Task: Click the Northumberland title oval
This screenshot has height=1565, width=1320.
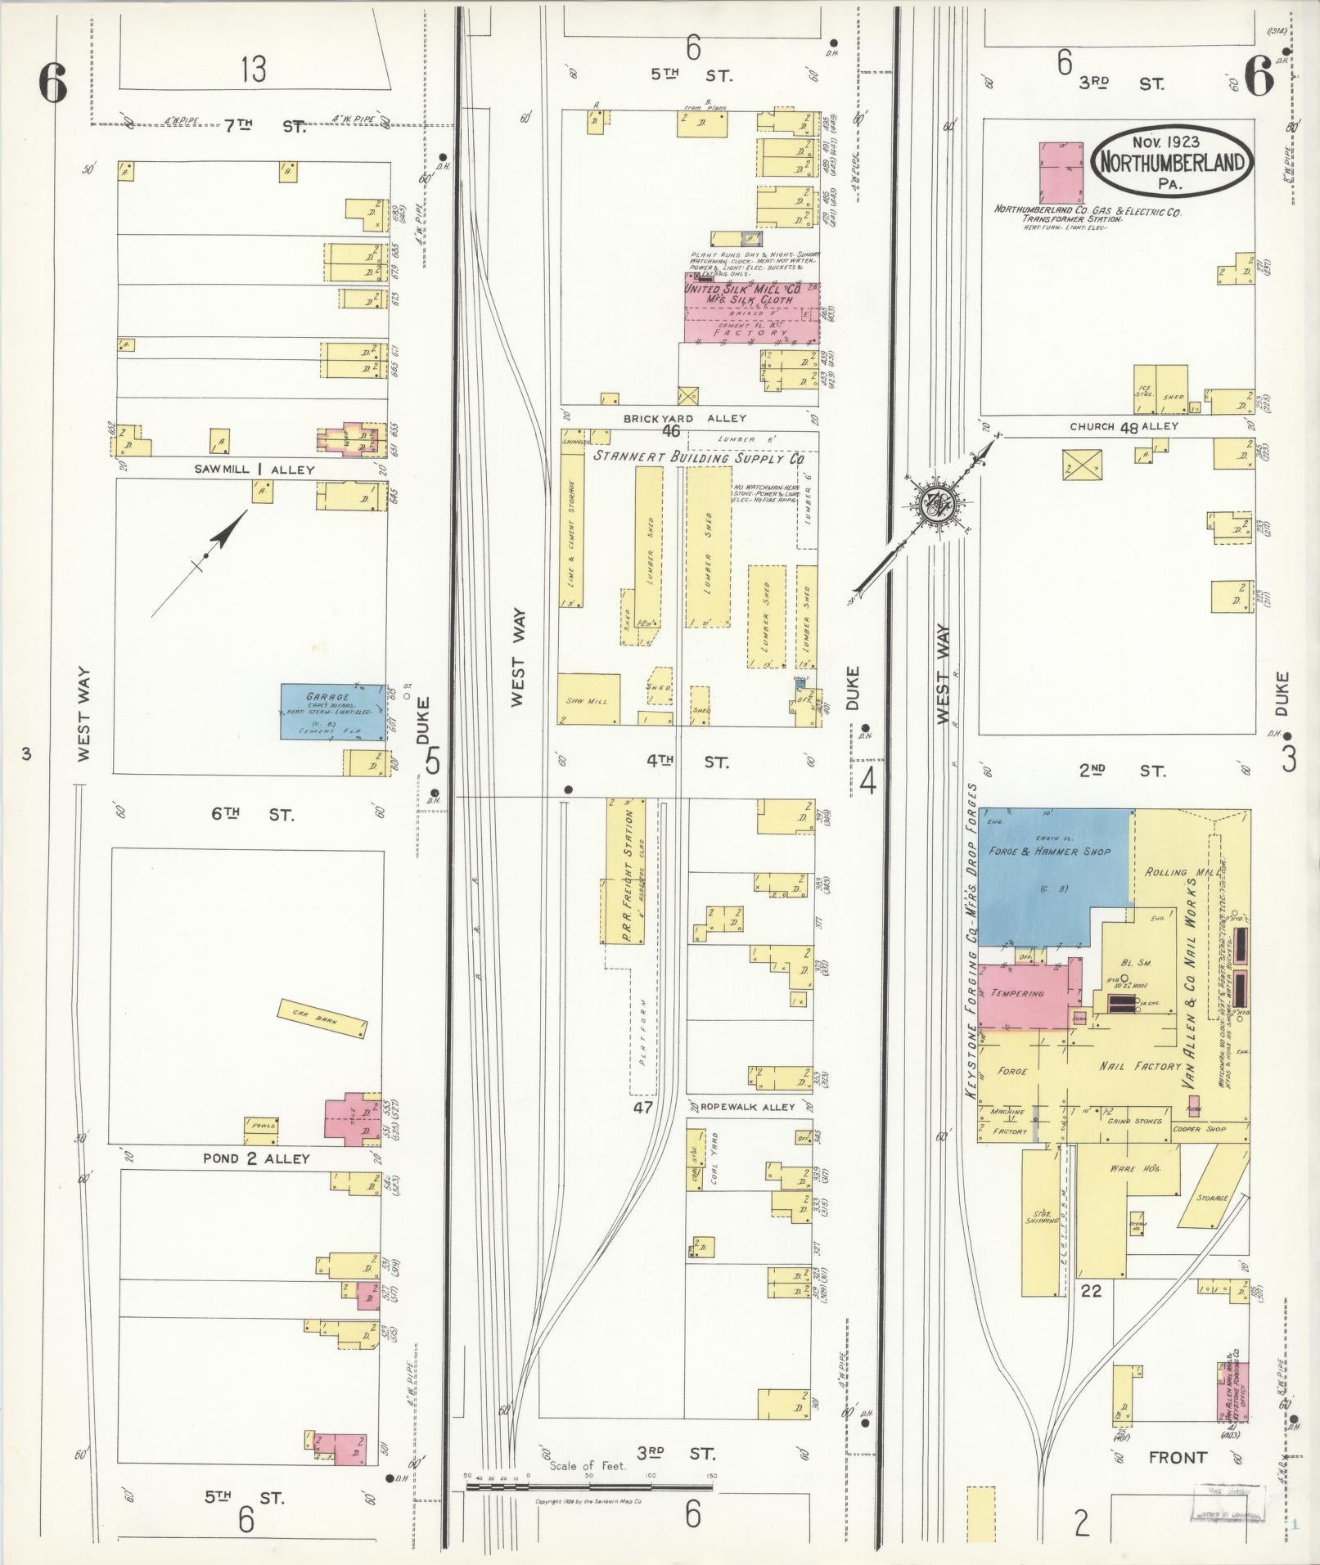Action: [x=1172, y=160]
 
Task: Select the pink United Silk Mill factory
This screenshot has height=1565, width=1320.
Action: [x=751, y=313]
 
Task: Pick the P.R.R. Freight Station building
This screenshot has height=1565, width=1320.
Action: [x=626, y=870]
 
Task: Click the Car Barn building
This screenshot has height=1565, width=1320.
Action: [x=322, y=1018]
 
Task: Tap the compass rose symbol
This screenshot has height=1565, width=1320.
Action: [x=932, y=506]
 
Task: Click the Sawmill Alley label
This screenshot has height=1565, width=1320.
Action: [x=254, y=470]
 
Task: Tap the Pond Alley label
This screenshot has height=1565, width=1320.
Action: [x=256, y=1158]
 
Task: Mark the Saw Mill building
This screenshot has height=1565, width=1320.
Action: [x=588, y=700]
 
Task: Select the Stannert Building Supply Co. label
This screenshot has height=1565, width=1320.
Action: [x=697, y=459]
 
